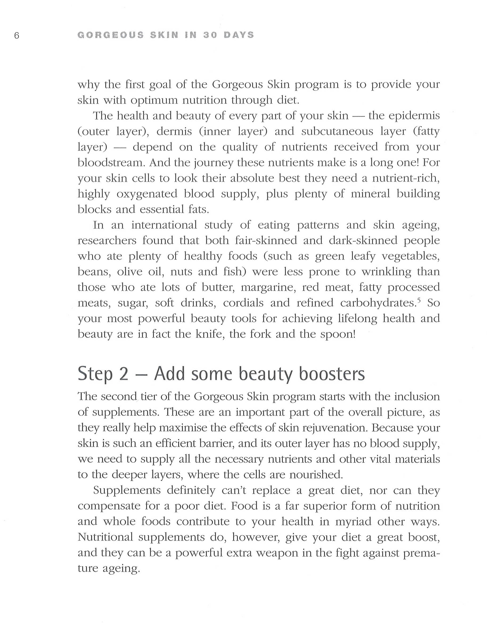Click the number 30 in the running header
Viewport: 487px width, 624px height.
(210, 35)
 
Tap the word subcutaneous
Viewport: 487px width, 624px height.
(337, 131)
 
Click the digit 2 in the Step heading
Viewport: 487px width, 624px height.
(123, 374)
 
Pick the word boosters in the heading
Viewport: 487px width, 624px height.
(332, 374)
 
